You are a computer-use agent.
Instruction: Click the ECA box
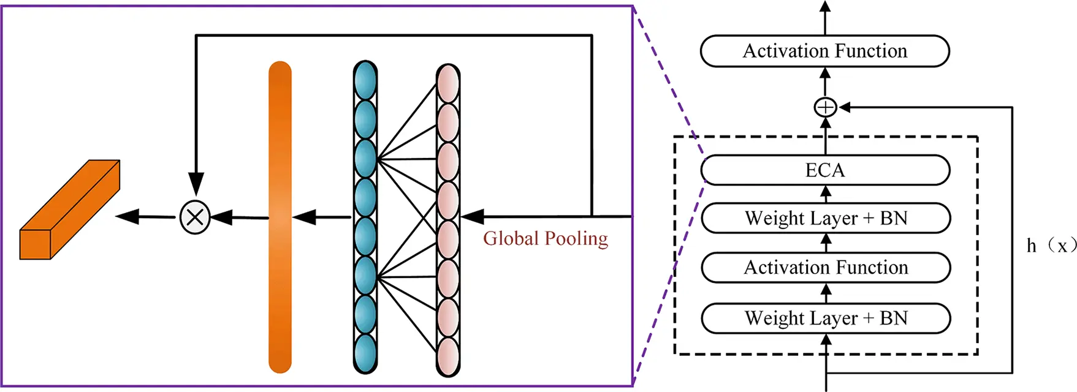pos(825,170)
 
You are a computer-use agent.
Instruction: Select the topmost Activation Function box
pos(825,51)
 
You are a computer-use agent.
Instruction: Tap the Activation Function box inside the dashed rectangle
pos(826,268)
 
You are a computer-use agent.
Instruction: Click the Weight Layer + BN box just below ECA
pos(826,218)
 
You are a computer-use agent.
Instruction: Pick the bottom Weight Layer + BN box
pos(826,318)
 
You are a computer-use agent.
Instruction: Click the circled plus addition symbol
pos(825,108)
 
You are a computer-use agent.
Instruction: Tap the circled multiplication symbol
pos(195,217)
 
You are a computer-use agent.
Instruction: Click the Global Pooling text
pos(545,238)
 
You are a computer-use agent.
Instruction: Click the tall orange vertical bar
pos(280,217)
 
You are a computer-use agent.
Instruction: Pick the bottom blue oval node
pos(365,353)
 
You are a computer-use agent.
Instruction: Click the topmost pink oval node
pos(448,83)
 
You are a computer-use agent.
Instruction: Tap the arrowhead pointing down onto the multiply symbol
pos(196,184)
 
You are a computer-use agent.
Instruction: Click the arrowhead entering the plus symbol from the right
pos(845,108)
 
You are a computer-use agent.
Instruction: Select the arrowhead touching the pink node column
pos(472,216)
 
